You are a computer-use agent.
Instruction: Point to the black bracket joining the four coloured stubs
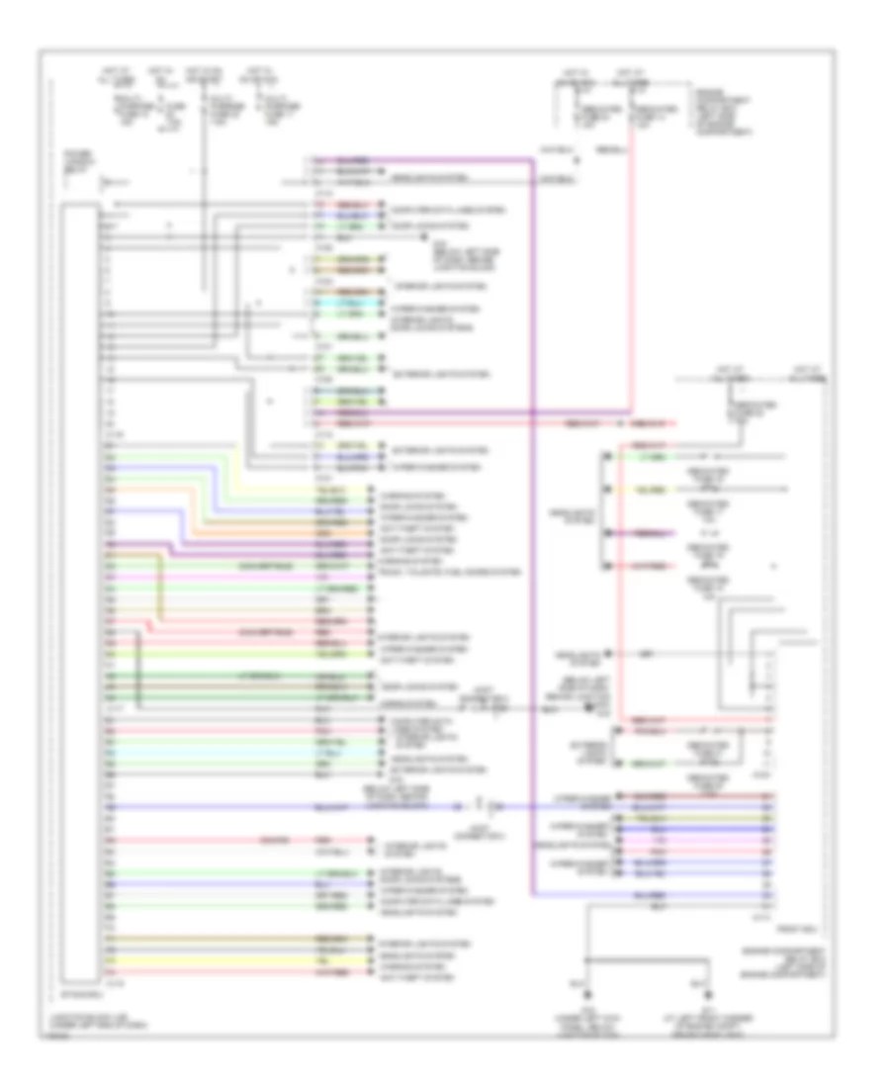600,512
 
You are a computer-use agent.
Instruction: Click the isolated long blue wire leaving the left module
297,806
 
